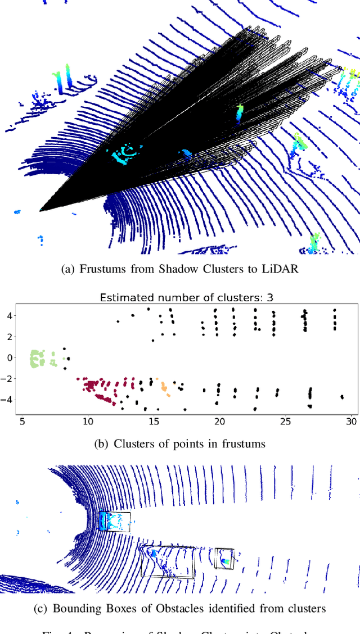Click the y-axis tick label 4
(x=10, y=315)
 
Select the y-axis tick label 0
(x=10, y=357)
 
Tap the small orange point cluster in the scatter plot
(x=164, y=387)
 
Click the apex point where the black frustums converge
(x=40, y=210)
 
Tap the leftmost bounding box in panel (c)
(x=114, y=521)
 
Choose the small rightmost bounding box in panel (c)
(x=224, y=559)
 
